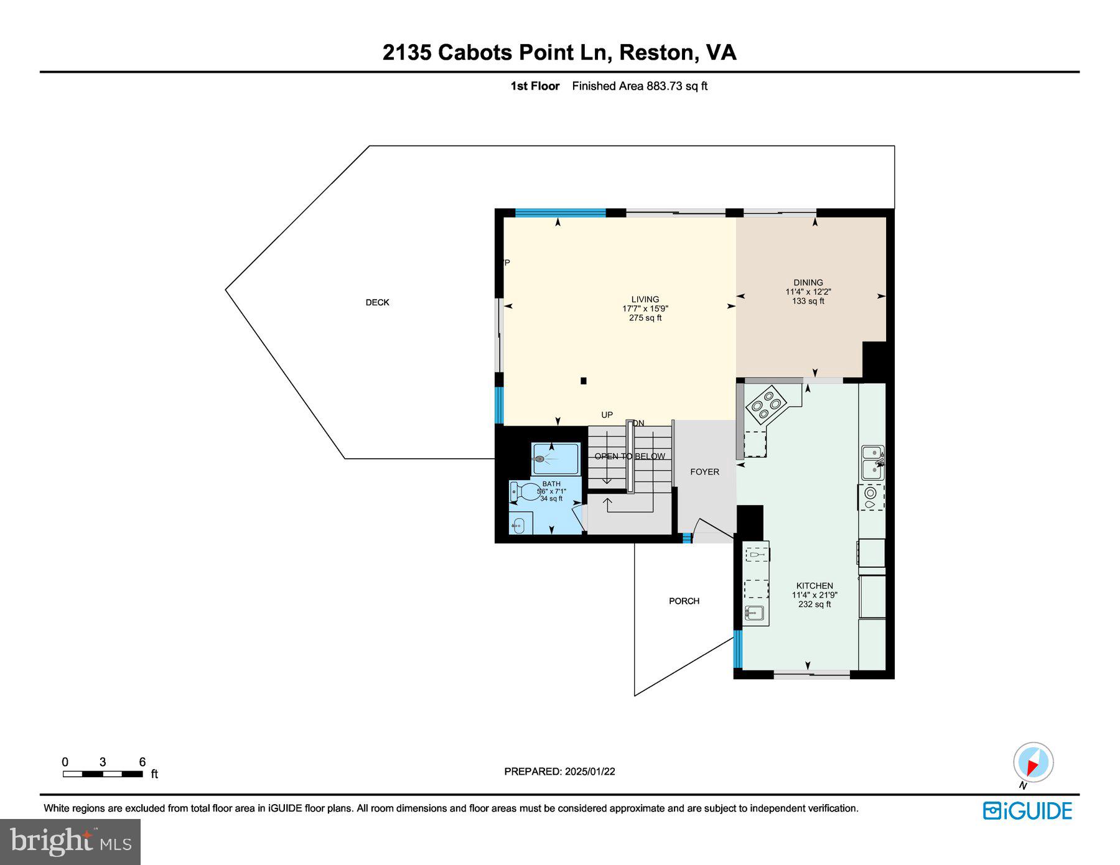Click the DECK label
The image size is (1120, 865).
click(377, 302)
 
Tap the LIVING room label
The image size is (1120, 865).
click(645, 299)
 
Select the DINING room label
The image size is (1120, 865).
click(808, 282)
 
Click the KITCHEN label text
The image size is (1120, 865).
click(814, 585)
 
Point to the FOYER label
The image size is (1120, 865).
click(704, 472)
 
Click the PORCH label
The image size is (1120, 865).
click(684, 601)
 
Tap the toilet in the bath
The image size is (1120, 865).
click(525, 492)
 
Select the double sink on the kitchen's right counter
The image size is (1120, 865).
click(872, 462)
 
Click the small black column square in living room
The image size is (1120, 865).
click(583, 381)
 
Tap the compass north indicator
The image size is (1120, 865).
click(1033, 763)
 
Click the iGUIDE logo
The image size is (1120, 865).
click(1027, 811)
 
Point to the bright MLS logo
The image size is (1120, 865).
click(70, 841)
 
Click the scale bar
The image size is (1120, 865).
click(103, 774)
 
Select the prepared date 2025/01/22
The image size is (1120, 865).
click(589, 771)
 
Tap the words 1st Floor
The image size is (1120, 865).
click(534, 86)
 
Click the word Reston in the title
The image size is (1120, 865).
click(656, 52)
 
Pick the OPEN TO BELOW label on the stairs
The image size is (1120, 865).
click(629, 456)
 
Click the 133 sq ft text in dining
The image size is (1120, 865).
click(808, 301)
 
